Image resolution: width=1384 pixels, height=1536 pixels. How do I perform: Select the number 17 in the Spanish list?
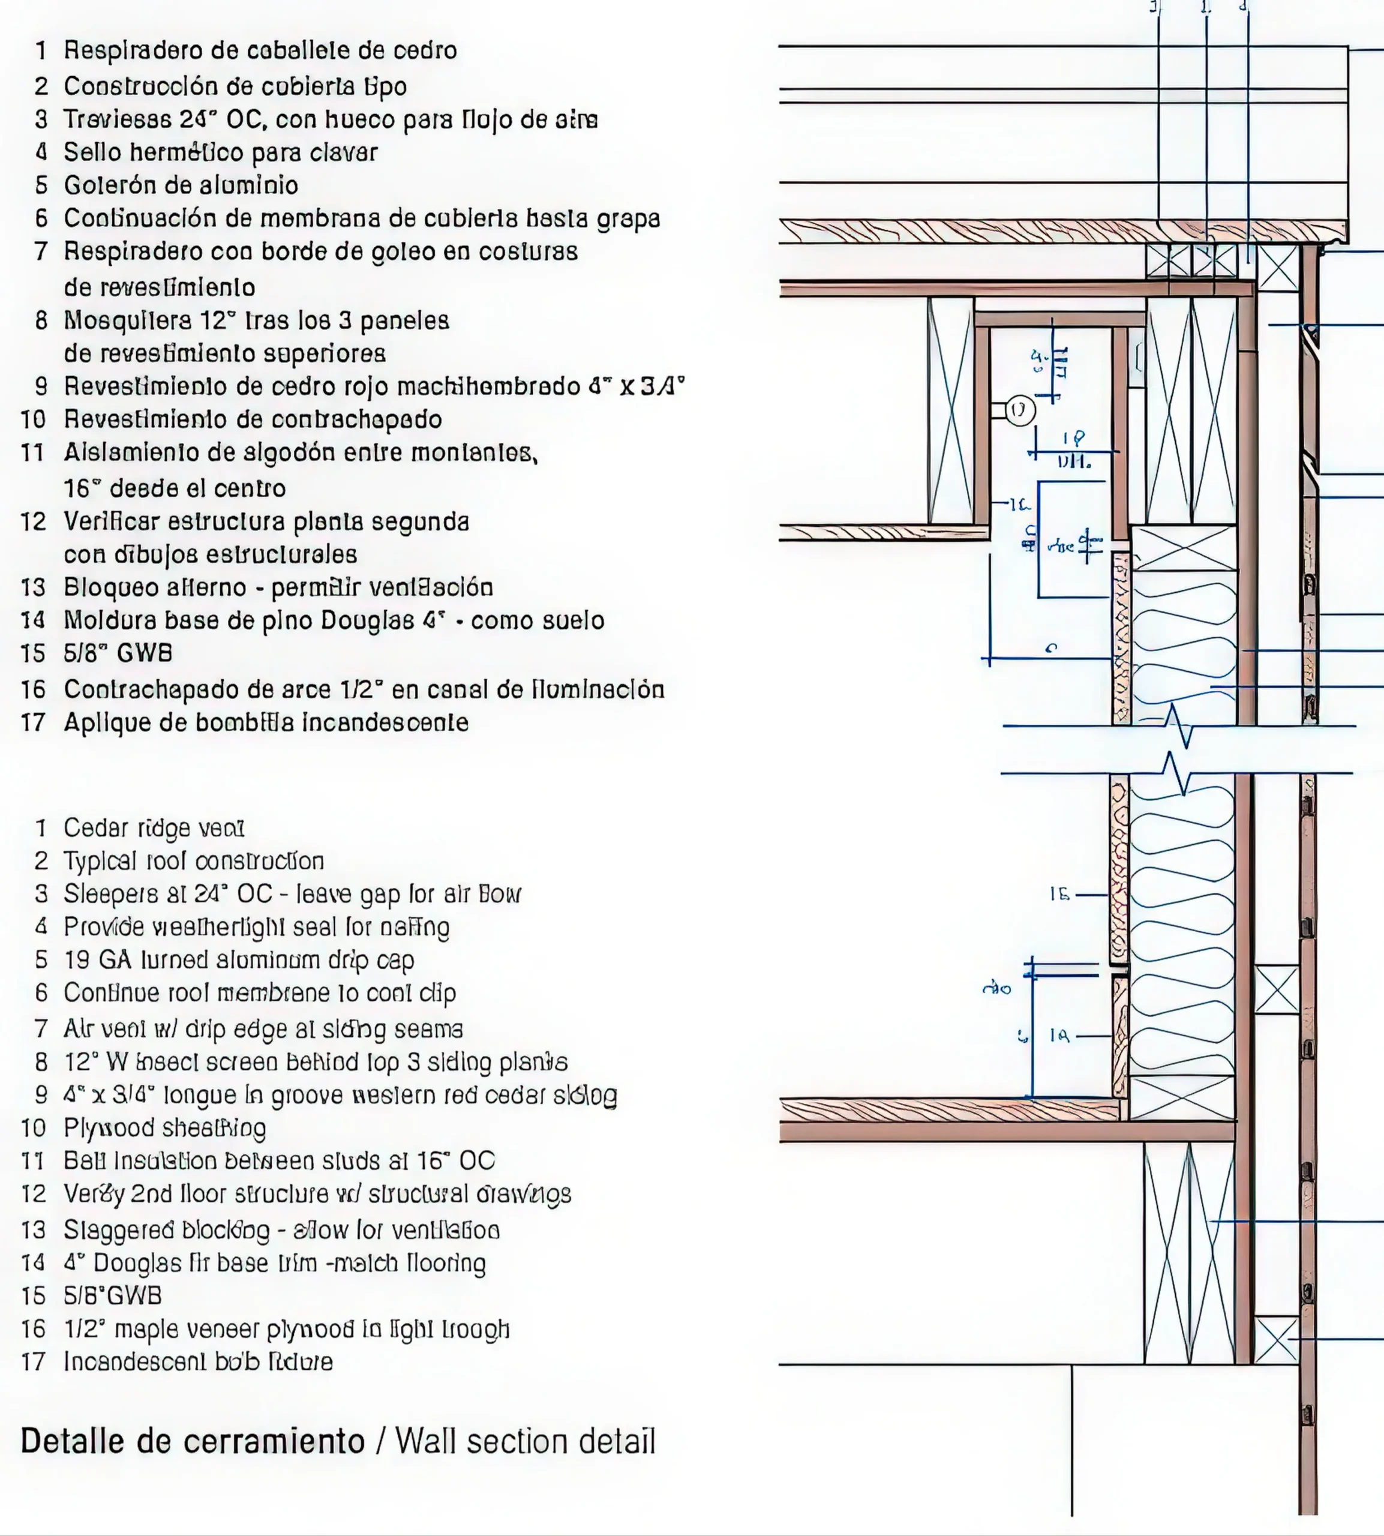point(34,722)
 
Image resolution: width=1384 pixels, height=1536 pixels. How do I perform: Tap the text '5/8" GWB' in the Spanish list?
point(118,653)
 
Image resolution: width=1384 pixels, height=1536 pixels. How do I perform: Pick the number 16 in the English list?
point(34,1328)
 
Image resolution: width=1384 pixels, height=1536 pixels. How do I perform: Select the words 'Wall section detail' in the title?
point(525,1442)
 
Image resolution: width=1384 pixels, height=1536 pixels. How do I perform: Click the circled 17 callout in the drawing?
point(1020,410)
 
